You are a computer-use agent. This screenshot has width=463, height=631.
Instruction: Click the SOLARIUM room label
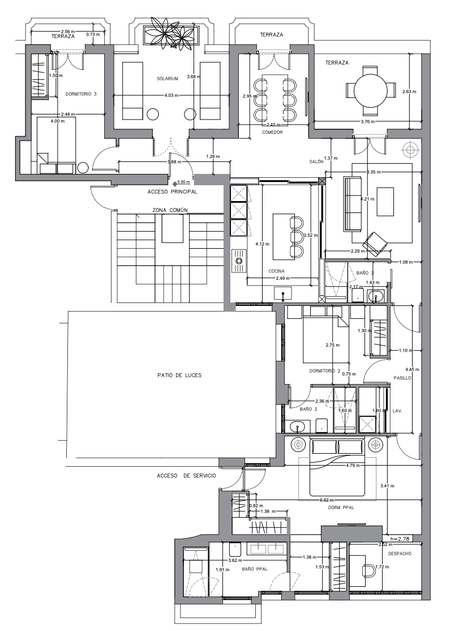coord(168,79)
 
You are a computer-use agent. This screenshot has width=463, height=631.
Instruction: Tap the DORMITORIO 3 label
coord(81,94)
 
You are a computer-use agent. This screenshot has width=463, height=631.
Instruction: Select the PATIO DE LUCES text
coord(179,375)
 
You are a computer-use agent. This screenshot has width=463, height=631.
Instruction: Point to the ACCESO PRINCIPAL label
coord(172,192)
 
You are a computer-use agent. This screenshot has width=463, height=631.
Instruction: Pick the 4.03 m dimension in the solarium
coord(172,95)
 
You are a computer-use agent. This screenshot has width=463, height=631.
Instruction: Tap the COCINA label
coord(276,271)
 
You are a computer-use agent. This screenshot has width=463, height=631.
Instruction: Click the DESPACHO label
coord(400,554)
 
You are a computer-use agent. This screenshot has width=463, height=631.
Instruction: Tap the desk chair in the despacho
coord(368,570)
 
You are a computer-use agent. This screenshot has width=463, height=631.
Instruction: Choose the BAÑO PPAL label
coord(255,569)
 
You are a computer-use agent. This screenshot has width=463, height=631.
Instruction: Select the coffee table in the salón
coord(385,202)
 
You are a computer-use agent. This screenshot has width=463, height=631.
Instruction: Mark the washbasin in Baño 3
coord(376,297)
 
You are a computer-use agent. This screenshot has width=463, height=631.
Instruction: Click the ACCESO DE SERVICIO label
coord(186,476)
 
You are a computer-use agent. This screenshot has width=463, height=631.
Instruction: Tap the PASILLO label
coord(402,378)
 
